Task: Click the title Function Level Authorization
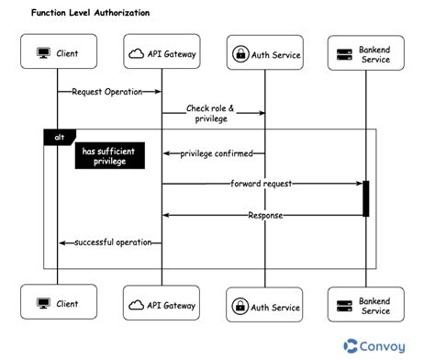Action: (90, 14)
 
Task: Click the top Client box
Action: (58, 52)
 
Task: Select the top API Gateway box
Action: (162, 52)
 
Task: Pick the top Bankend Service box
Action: (365, 54)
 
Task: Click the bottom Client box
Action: (58, 302)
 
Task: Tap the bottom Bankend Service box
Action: (365, 306)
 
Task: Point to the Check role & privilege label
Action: (210, 114)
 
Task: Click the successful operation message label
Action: (111, 242)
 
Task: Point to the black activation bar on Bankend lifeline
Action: (365, 198)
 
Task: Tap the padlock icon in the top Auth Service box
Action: (241, 54)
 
